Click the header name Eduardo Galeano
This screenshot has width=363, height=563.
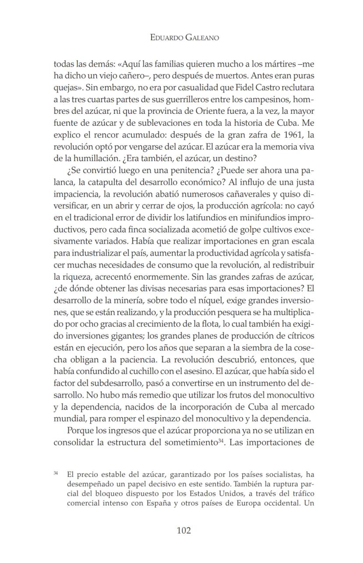pos(184,38)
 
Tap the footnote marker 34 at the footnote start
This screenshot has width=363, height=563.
pos(56,473)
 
